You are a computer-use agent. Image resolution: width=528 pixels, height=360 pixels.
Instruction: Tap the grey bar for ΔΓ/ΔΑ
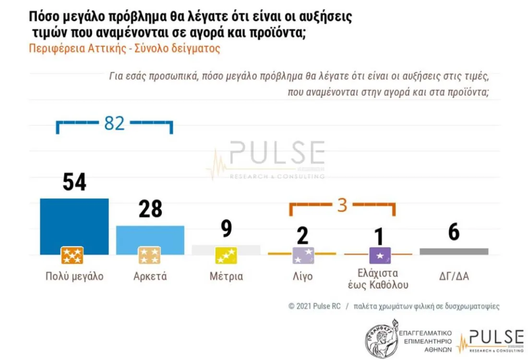click(x=454, y=251)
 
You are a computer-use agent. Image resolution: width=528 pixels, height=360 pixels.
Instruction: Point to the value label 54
click(x=74, y=182)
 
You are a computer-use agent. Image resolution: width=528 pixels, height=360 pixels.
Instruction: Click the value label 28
click(x=150, y=209)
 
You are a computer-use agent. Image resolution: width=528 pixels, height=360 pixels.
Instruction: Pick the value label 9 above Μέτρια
click(x=226, y=229)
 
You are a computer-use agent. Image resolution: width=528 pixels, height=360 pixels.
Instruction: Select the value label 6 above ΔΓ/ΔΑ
click(x=454, y=232)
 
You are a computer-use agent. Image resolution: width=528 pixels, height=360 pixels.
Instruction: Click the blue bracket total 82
click(x=114, y=123)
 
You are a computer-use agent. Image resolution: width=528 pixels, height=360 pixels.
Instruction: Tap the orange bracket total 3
click(x=342, y=205)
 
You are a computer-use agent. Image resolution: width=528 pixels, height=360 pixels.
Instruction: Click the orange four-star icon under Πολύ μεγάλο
click(x=72, y=255)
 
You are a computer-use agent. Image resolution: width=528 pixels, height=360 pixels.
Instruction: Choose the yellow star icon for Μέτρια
click(x=226, y=255)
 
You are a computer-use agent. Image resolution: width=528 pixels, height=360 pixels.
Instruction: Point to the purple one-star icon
click(x=380, y=255)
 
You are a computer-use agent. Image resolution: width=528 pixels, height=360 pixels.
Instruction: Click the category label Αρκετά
click(x=149, y=276)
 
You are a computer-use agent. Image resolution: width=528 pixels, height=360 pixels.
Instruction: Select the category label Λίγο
click(x=303, y=276)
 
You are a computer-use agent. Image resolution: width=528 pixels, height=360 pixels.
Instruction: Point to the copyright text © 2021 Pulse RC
click(x=314, y=306)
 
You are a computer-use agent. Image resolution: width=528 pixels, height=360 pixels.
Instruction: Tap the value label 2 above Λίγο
click(x=303, y=236)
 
